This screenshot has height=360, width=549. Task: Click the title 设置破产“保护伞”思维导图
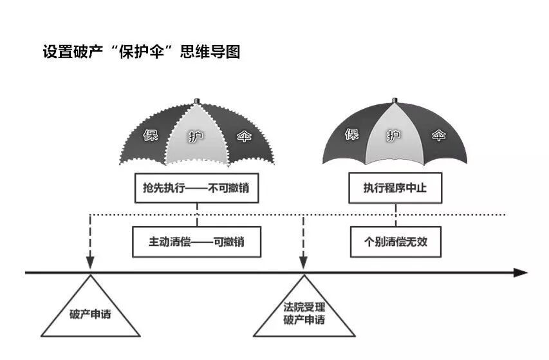pos(142,52)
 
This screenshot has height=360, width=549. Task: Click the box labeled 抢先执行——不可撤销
pos(197,188)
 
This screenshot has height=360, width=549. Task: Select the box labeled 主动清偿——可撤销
pos(197,243)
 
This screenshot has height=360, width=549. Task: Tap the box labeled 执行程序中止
pos(395,188)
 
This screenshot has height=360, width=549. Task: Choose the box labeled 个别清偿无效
pos(395,243)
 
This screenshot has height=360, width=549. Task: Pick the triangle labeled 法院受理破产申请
pos(304,313)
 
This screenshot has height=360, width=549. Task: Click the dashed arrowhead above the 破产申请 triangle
pos(90,262)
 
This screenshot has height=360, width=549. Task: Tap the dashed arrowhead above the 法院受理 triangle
pos(304,262)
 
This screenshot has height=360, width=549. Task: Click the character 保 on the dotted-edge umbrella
pos(149,136)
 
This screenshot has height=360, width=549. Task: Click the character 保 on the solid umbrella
pos(351,135)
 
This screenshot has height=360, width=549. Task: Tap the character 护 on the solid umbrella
pos(395,136)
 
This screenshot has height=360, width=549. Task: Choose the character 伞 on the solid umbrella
pos(438,136)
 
